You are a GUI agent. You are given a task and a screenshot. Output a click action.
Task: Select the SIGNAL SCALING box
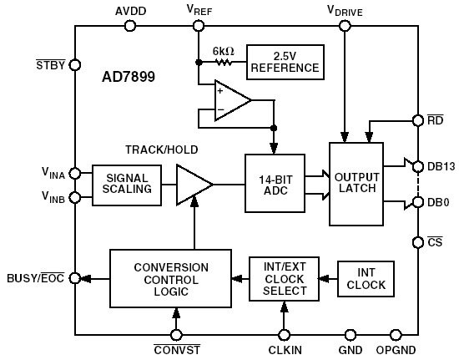(126, 183)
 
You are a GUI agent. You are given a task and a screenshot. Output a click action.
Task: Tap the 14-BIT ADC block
(275, 183)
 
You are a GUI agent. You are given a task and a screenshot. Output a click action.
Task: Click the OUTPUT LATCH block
(356, 183)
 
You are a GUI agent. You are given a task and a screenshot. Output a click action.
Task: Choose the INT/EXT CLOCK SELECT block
(284, 279)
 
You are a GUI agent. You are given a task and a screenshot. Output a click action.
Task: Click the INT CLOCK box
(365, 279)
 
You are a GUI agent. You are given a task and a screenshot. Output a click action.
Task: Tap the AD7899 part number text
(125, 76)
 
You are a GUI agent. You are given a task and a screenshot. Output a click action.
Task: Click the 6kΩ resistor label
(223, 51)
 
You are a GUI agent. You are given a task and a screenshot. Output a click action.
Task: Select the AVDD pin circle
(130, 26)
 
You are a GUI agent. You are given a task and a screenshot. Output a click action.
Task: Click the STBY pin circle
(75, 64)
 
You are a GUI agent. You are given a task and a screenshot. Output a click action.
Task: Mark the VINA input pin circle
(75, 173)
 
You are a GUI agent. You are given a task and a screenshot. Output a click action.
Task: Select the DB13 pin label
(441, 166)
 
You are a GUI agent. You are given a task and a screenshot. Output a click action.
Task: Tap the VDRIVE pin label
(345, 10)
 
